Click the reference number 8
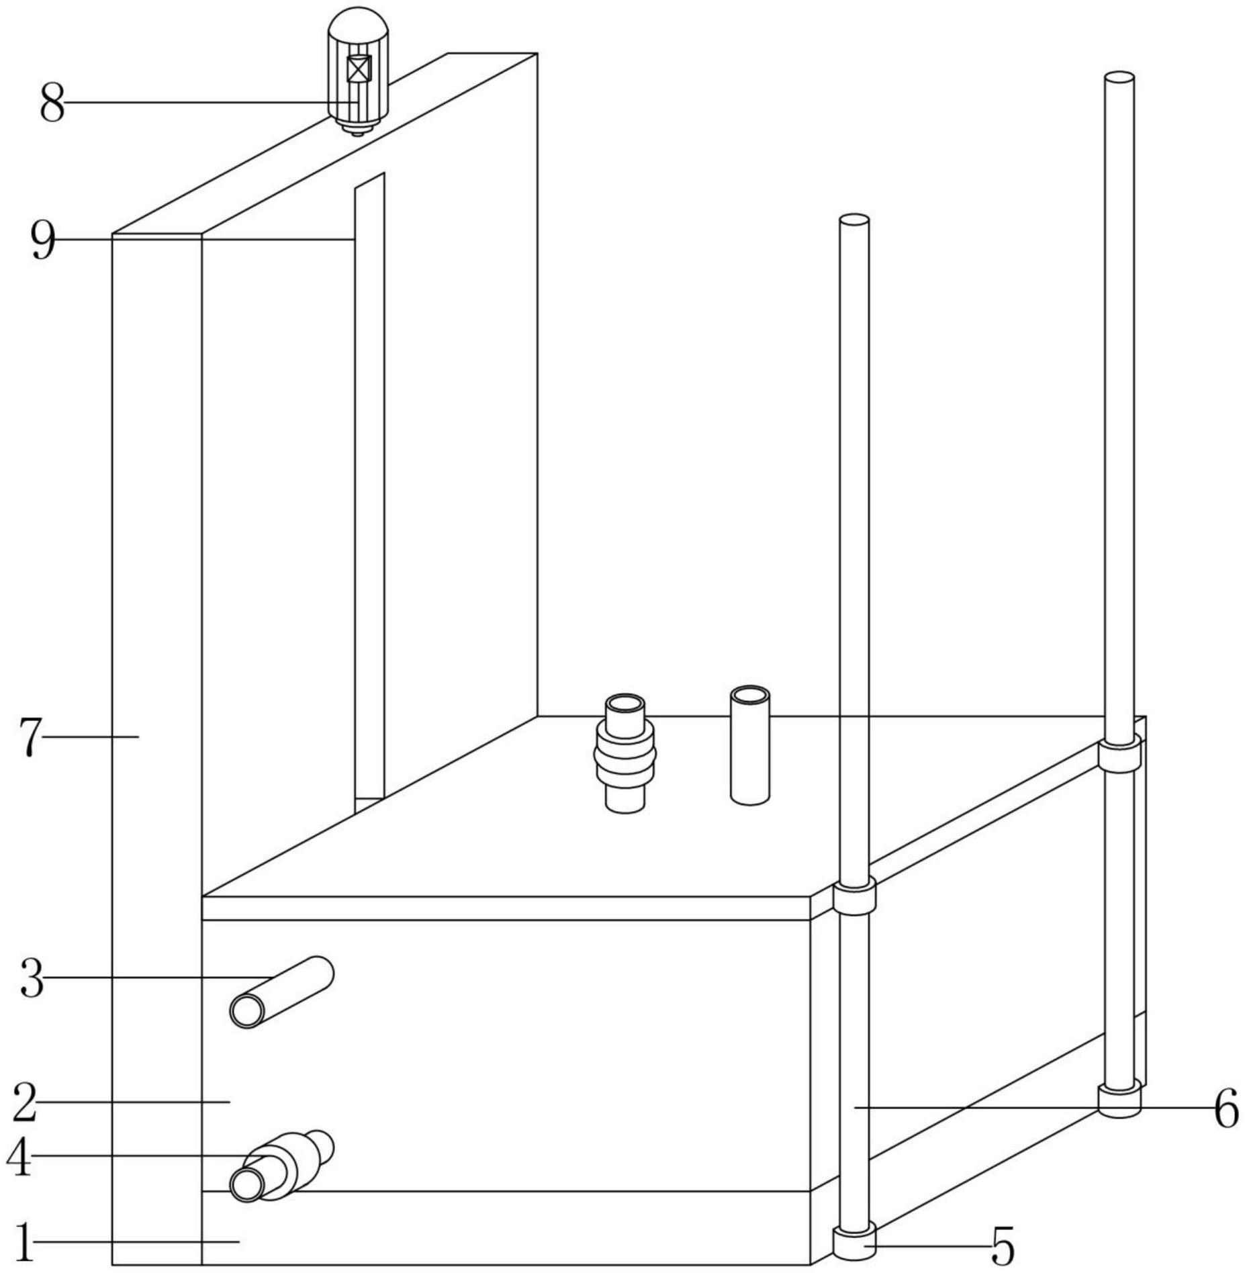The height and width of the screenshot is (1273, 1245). [52, 103]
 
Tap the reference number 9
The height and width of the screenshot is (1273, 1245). [43, 241]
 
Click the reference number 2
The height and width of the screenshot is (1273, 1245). [25, 1102]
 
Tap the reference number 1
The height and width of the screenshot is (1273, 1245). [24, 1242]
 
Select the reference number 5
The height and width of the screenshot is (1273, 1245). [1003, 1246]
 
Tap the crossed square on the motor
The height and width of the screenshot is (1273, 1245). [359, 68]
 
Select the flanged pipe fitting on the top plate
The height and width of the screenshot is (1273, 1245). [625, 753]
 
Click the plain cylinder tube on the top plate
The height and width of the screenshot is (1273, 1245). [750, 745]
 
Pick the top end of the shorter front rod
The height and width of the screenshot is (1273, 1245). [854, 220]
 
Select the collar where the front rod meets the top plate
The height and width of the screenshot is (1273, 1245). [855, 898]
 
